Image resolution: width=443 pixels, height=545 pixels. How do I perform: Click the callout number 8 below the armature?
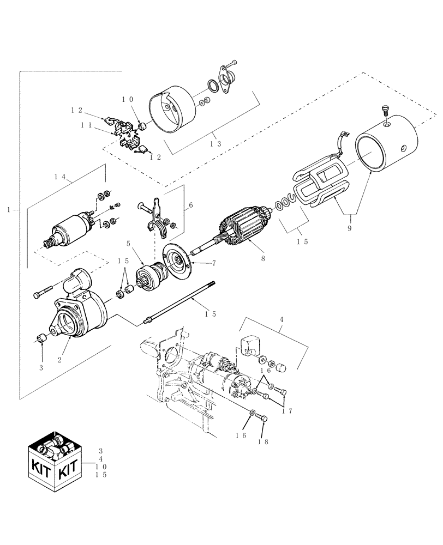pos(263,258)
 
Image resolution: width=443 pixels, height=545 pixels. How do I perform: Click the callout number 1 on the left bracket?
pos(7,209)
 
